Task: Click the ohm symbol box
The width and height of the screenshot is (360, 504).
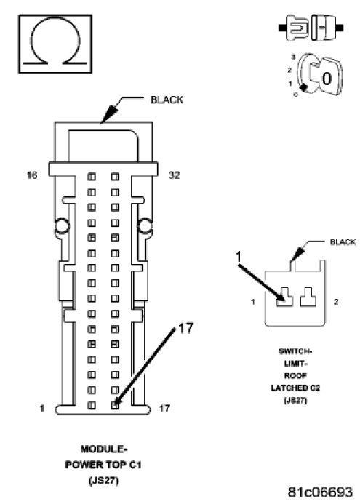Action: (x=55, y=44)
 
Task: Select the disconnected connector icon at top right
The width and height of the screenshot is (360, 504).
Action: (x=311, y=28)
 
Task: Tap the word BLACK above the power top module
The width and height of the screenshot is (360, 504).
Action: (x=167, y=100)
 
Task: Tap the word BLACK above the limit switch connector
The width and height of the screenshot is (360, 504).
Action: (x=343, y=241)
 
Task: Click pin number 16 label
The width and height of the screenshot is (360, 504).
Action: (x=32, y=175)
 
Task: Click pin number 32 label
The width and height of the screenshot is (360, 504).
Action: (x=175, y=175)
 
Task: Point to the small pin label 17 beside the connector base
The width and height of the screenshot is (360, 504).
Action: (x=164, y=409)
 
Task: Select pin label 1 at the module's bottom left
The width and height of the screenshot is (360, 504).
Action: (x=41, y=409)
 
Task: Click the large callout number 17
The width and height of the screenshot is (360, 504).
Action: (x=185, y=328)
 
